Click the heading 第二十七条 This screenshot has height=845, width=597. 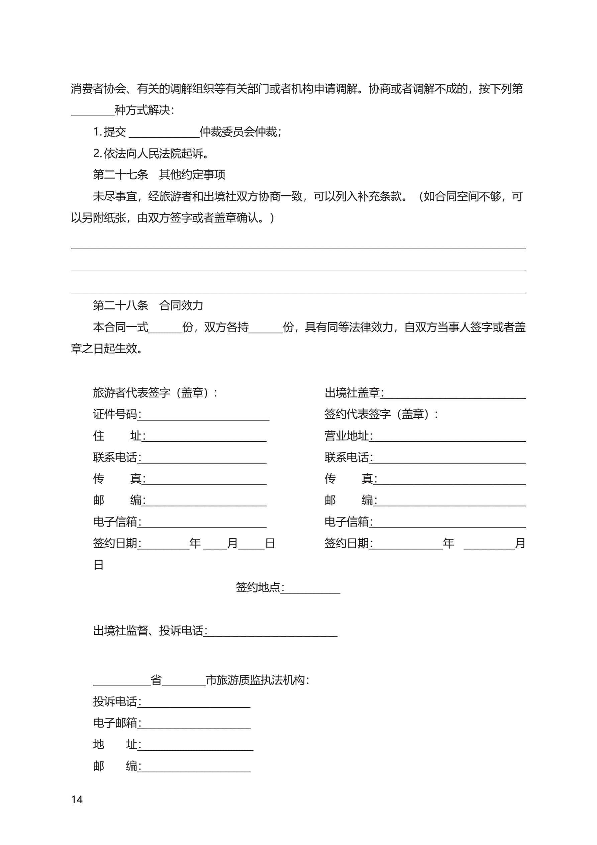[x=120, y=174]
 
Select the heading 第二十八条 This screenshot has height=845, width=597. [x=120, y=305]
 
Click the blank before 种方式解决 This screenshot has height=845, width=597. [x=92, y=110]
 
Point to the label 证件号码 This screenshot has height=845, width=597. [x=115, y=414]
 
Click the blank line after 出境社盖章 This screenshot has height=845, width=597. [x=455, y=394]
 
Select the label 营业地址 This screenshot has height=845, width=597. [x=346, y=436]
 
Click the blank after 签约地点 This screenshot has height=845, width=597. [x=312, y=587]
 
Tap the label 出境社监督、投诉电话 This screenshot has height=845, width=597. [x=148, y=631]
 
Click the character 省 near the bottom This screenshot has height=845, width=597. [x=156, y=680]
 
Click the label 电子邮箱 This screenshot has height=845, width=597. [x=115, y=723]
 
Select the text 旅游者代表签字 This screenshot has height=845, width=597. [x=131, y=393]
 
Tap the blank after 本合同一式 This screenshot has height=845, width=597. [x=165, y=327]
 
